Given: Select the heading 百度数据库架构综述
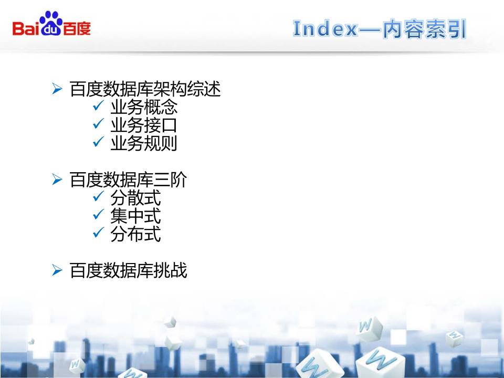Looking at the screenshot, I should [x=145, y=90].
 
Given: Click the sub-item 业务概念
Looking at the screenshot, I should [x=144, y=108].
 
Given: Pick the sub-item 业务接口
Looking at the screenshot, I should [x=144, y=125].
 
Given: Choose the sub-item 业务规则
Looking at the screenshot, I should [x=144, y=143].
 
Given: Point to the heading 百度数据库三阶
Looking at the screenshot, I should [x=128, y=181].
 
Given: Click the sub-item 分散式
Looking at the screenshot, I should [x=135, y=198].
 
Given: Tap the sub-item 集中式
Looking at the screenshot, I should [x=135, y=216].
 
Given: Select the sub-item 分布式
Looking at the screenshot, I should [x=135, y=234].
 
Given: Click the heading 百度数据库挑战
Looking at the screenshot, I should [x=128, y=271].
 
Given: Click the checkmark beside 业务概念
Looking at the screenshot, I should [x=98, y=107].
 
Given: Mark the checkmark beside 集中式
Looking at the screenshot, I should [x=98, y=216].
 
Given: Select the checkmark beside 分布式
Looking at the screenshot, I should [x=98, y=234].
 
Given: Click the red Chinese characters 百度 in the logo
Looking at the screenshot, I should [x=77, y=28].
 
